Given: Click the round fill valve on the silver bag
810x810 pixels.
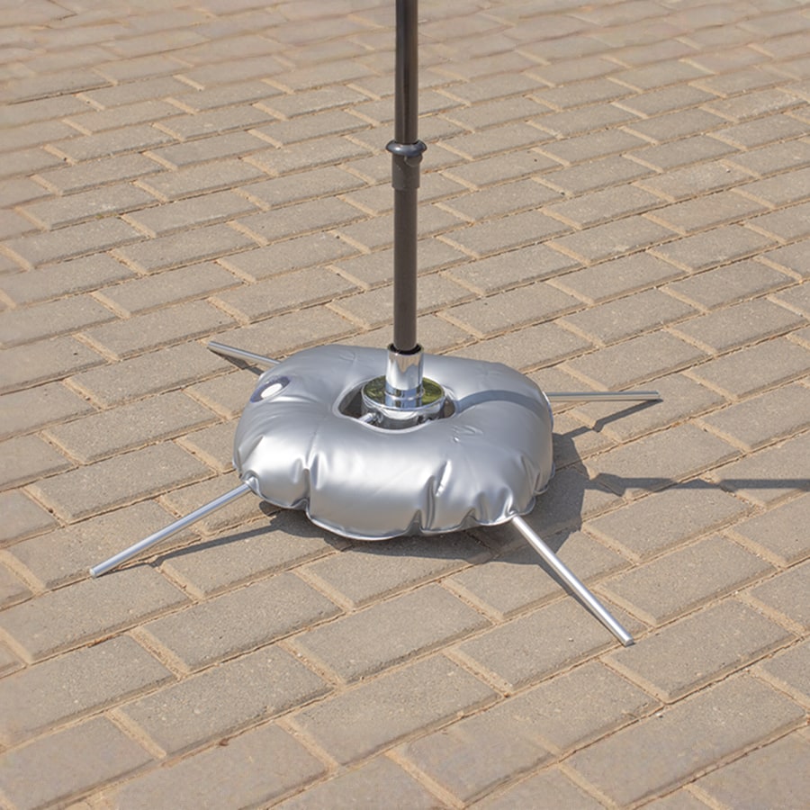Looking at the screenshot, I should tap(269, 388).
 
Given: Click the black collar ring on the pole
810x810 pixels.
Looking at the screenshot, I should tap(406, 149).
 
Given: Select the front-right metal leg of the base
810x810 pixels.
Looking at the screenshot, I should tap(571, 580).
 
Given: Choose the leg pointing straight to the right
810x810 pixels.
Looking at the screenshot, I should tap(603, 395).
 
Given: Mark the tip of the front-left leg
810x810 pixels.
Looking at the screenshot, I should tap(95, 571).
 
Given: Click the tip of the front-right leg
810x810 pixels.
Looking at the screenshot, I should tap(627, 640).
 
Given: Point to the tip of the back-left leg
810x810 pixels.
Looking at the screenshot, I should tap(212, 345).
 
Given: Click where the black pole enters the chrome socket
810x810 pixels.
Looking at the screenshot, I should tap(406, 348).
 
